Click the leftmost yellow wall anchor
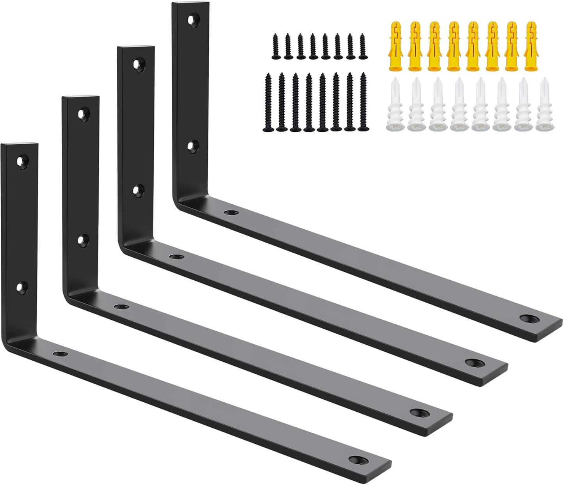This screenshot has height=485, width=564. click(395, 46)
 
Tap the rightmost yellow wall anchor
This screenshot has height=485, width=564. click(530, 46)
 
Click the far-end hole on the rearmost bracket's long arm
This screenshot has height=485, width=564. click(528, 318)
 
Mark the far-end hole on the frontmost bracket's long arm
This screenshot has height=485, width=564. click(356, 459)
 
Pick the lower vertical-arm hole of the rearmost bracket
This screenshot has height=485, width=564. click(191, 145)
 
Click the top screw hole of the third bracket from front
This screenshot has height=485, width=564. click(137, 64)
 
